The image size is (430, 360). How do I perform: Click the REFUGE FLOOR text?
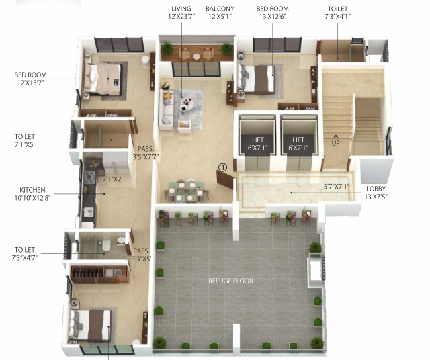[x=230, y=281]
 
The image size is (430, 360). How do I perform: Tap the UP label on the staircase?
[x=335, y=143]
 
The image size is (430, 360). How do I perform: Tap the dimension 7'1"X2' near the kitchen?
[x=113, y=179]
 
